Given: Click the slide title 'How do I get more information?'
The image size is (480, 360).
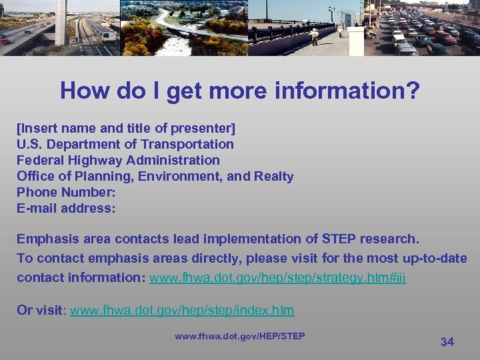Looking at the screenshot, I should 240,91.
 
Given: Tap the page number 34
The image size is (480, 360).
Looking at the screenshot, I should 447,342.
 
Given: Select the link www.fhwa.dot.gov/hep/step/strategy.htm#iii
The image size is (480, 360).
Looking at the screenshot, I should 277,277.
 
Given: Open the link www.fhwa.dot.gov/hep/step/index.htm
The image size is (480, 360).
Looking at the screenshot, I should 181,311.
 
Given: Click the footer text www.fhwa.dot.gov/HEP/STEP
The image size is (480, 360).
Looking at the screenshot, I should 239,336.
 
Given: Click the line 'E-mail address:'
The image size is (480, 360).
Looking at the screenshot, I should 66,208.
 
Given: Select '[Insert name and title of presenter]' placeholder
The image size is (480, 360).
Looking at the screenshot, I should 125,128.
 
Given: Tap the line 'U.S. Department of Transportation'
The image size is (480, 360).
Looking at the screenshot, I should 125,144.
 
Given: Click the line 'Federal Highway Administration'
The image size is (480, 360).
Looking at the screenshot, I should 118,160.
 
